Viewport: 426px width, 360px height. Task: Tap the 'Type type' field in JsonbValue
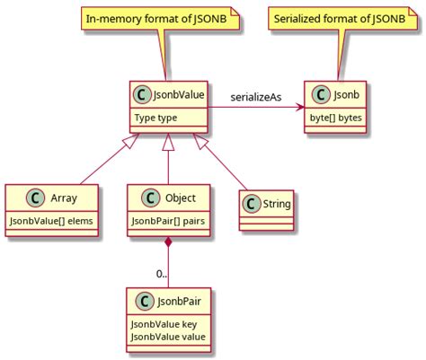(x=155, y=117)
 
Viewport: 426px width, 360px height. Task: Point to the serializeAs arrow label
(x=262, y=95)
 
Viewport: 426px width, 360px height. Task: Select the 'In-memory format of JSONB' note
(x=164, y=17)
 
